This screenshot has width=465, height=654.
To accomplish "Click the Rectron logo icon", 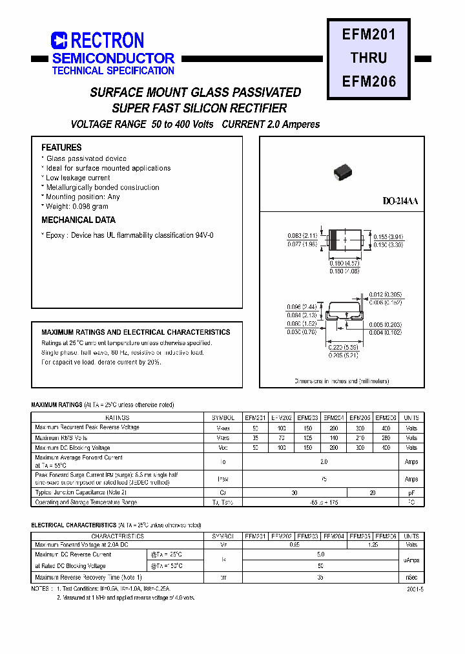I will pyautogui.click(x=59, y=41).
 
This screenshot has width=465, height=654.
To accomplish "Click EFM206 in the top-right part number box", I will pyautogui.click(x=369, y=81).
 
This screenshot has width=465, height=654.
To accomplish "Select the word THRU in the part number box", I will pyautogui.click(x=369, y=58).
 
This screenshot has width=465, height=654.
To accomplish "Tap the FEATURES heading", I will pyautogui.click(x=61, y=147).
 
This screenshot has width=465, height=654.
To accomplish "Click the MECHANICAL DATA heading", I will pyautogui.click(x=78, y=220).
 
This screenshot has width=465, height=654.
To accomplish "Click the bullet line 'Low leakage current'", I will pyautogui.click(x=77, y=178).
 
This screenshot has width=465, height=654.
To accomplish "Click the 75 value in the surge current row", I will pyautogui.click(x=323, y=479).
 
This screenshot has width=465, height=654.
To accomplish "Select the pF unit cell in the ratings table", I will pyautogui.click(x=411, y=492).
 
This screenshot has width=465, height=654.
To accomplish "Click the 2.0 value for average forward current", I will pyautogui.click(x=323, y=461).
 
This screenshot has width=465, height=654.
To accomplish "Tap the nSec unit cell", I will pyautogui.click(x=411, y=577).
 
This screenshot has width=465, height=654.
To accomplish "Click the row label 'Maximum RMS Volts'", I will pyautogui.click(x=62, y=438).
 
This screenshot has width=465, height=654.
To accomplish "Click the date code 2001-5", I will pyautogui.click(x=416, y=589).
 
